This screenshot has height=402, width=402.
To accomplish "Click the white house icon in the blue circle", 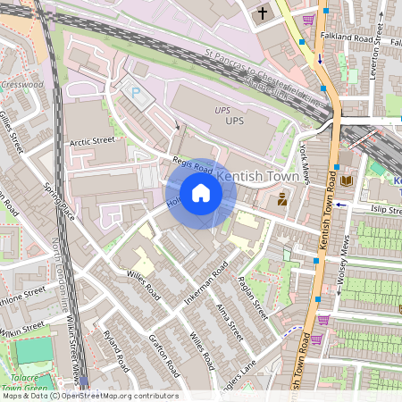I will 201,193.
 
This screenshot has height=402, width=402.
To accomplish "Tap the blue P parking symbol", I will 137,92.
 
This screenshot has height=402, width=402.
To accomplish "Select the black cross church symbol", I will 263,13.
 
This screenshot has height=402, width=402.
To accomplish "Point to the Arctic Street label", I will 92,140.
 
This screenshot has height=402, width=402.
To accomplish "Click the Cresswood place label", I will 21,85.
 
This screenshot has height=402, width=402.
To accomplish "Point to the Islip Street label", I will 378,207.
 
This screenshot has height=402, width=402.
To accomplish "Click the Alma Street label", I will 230,322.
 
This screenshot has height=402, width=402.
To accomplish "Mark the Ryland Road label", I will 116,349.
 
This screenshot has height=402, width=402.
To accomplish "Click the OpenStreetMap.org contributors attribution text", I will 119,396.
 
